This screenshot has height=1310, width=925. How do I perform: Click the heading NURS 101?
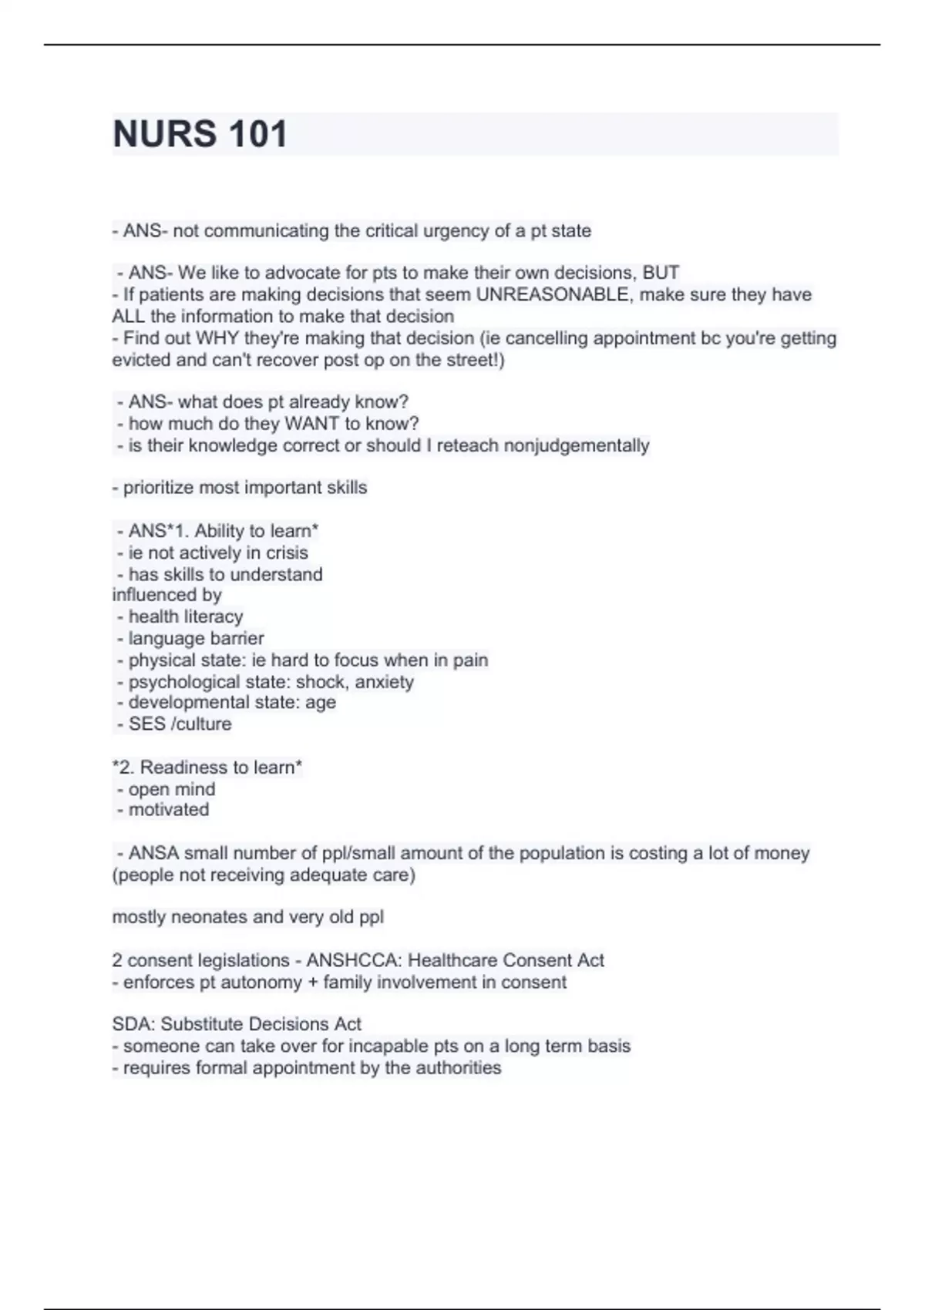click(x=200, y=134)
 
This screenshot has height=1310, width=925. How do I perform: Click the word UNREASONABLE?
click(x=552, y=295)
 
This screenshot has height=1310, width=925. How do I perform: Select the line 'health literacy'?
click(x=185, y=617)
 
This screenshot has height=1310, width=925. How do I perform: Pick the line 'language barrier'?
click(x=196, y=639)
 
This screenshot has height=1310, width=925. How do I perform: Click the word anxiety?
click(x=384, y=683)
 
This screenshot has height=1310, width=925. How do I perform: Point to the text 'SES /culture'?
click(x=180, y=724)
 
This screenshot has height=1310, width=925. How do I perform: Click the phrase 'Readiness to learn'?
click(x=217, y=768)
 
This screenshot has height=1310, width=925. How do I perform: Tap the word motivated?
click(x=168, y=810)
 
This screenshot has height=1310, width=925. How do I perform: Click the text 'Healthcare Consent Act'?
click(x=506, y=961)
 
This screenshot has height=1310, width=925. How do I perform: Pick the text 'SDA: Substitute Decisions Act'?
click(x=237, y=1025)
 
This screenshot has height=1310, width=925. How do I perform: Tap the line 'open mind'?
click(x=171, y=790)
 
